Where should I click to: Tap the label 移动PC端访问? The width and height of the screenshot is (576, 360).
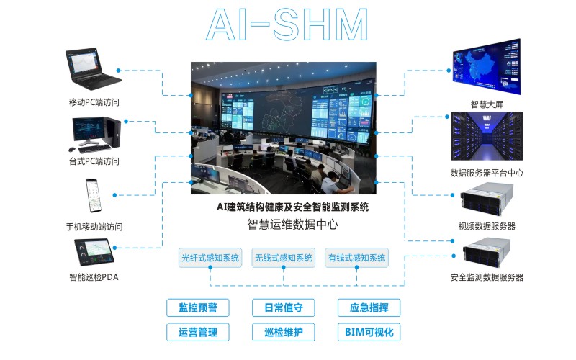pyautogui.click(x=94, y=102)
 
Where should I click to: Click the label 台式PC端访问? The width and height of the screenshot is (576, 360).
pyautogui.click(x=94, y=161)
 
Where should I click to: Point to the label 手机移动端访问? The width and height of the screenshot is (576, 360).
pyautogui.click(x=94, y=227)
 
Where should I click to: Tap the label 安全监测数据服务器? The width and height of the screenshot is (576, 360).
pyautogui.click(x=487, y=277)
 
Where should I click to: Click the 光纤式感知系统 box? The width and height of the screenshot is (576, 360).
pyautogui.click(x=210, y=258)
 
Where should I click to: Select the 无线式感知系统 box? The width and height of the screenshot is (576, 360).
pyautogui.click(x=284, y=258)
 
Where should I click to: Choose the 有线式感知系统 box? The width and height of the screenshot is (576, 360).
pyautogui.click(x=357, y=258)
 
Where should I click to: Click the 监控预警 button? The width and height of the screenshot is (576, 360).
pyautogui.click(x=197, y=307)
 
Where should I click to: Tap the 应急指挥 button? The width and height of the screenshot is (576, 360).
pyautogui.click(x=369, y=307)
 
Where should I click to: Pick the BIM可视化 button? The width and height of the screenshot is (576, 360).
pyautogui.click(x=369, y=332)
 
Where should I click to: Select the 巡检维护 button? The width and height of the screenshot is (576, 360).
pyautogui.click(x=283, y=332)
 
